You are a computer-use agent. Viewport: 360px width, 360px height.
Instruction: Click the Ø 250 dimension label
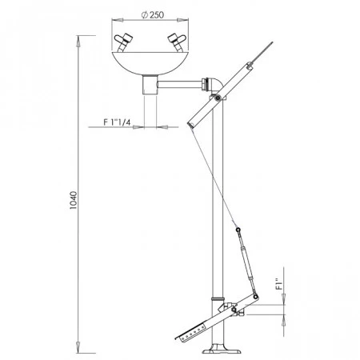[x=152, y=15]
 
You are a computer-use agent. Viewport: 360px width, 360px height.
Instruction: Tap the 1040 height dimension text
[x=73, y=200]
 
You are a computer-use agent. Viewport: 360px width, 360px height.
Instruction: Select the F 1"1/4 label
[x=117, y=122]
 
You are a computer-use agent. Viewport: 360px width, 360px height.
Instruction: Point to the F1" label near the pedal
[x=279, y=284]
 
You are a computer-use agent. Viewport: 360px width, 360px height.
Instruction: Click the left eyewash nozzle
[x=123, y=42]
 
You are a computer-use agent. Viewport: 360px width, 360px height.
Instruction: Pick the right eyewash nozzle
[x=177, y=42]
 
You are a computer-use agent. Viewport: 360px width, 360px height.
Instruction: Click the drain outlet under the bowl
[x=150, y=85]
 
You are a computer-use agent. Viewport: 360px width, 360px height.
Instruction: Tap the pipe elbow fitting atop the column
[x=214, y=86]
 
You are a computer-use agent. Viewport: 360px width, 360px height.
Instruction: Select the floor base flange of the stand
[x=218, y=350]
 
